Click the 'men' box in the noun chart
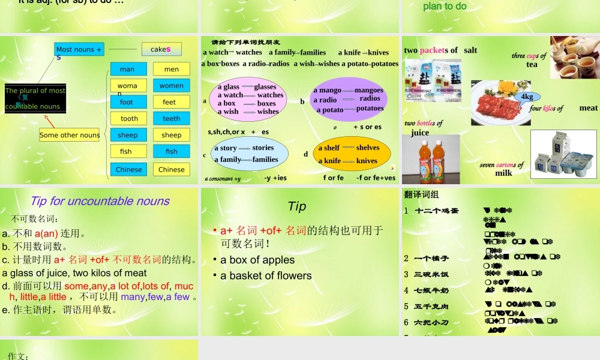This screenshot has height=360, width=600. pos(171,69)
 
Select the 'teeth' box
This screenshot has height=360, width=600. pos(171,119)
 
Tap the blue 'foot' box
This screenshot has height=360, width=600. pos(128,102)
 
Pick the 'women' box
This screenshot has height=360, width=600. pos(171,86)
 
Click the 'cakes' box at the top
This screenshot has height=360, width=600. pos(161,49)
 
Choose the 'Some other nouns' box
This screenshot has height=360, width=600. pos(70,135)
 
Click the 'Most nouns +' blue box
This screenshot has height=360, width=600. pos(79,50)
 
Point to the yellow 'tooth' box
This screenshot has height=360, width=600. pos(128,119)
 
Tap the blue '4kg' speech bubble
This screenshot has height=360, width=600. pos(527,97)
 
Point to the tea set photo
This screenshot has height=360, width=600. pos(574,57)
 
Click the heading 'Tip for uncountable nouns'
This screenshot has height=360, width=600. pos(100,201)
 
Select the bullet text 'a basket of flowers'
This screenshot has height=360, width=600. pos(266,276)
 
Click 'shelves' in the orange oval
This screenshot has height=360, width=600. pos(367,148)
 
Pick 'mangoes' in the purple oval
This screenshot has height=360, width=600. pos(368,90)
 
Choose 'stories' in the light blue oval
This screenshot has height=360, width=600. pos(263,148)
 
